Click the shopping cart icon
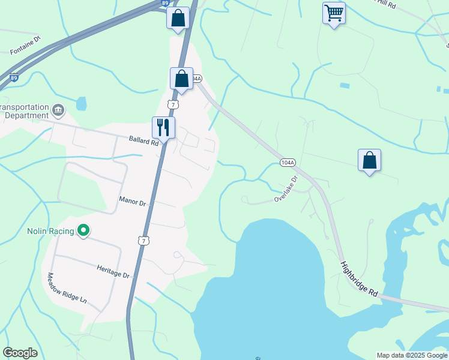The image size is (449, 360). (x=334, y=13)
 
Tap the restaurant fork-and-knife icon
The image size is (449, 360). (x=163, y=127)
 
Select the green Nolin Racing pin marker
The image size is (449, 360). (x=84, y=230)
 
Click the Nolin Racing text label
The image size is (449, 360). (x=50, y=231)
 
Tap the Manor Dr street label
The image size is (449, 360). (x=133, y=202)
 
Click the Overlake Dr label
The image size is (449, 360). (x=286, y=188)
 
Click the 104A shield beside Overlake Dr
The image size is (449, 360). (x=288, y=163)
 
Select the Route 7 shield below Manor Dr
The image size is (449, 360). (x=142, y=240)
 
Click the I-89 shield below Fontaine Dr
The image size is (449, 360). (x=14, y=77)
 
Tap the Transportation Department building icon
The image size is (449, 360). (x=58, y=109)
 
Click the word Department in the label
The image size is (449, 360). (x=25, y=115)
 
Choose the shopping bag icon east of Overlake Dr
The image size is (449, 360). (x=369, y=160)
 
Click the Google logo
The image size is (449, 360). (x=20, y=353)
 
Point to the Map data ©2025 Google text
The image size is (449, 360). (x=411, y=355)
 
